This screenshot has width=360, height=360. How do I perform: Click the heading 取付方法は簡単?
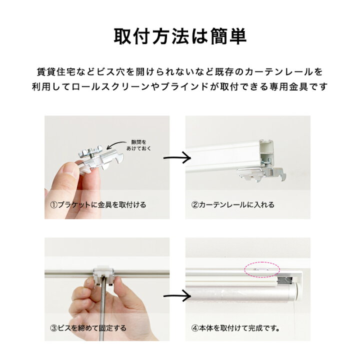coord(180,38)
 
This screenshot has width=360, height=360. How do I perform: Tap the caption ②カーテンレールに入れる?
coord(233,204)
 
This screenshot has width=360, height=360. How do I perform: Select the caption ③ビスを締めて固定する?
coord(88,328)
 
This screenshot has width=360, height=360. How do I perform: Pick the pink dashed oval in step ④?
coord(262,269)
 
